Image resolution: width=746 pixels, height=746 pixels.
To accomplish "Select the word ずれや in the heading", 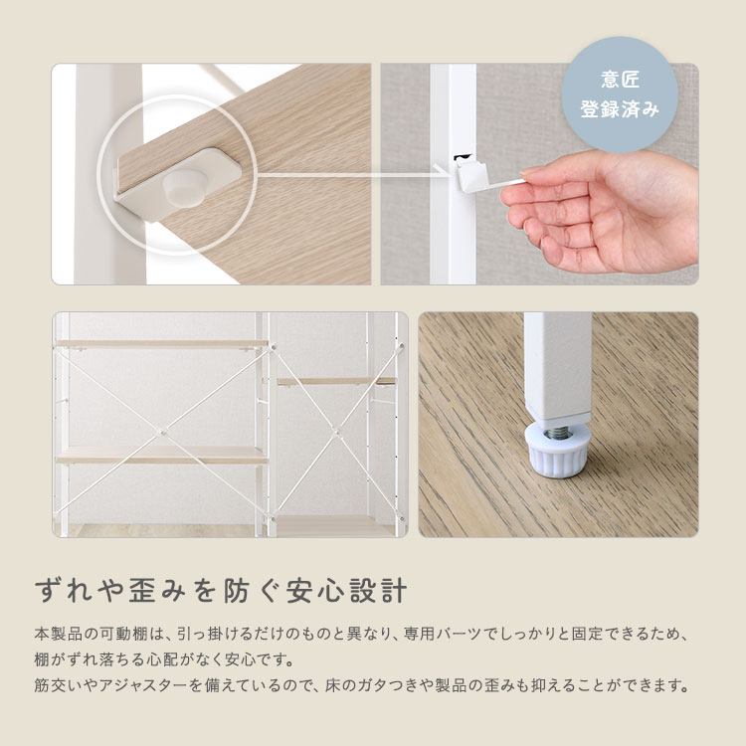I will (71, 588).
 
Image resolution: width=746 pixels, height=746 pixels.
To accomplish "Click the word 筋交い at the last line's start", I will (58, 685).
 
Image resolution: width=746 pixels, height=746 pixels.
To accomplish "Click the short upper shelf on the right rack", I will (334, 381).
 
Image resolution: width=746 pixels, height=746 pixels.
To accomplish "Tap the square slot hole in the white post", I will (460, 157).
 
